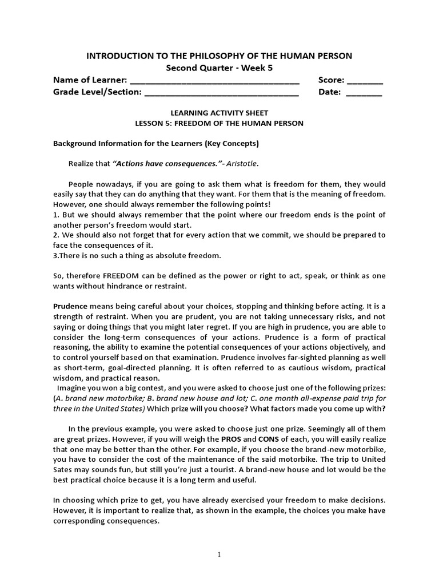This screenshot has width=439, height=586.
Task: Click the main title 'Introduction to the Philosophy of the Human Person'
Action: pyautogui.click(x=219, y=56)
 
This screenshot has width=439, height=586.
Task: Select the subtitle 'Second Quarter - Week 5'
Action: pyautogui.click(x=219, y=68)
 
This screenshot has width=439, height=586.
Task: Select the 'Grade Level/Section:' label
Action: pyautogui.click(x=97, y=92)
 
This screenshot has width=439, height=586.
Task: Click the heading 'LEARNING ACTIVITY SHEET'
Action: pyautogui.click(x=219, y=113)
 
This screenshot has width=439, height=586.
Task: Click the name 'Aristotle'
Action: pyautogui.click(x=242, y=164)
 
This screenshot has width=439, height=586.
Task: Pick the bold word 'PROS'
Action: pyautogui.click(x=232, y=439)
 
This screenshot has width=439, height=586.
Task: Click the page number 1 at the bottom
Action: pyautogui.click(x=219, y=555)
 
